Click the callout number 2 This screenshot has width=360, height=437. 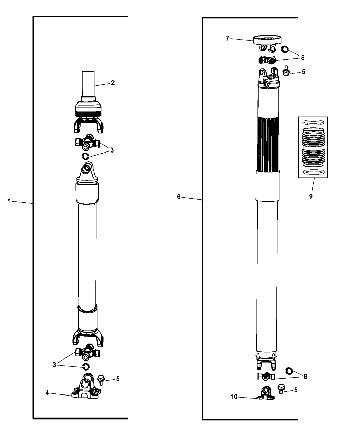pos(113,83)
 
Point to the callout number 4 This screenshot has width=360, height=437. pos(47,393)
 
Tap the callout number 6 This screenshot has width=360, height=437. pos(179,197)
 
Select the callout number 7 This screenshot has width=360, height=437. pos(227,38)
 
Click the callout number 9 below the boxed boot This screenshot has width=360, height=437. pos(311,197)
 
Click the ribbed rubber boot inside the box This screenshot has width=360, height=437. pos(313,148)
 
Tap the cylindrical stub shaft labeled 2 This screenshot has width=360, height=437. pos(87,84)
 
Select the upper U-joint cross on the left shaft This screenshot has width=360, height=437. pos(87,142)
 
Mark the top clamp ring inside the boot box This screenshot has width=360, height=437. pos(313,122)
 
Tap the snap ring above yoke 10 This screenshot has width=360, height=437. pos(289,371)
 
